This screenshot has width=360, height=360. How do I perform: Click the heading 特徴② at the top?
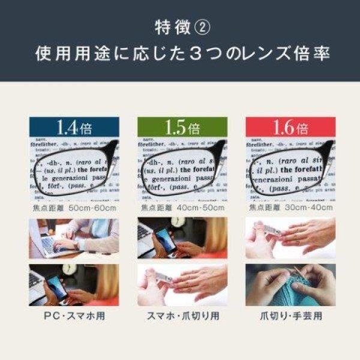pyautogui.click(x=180, y=27)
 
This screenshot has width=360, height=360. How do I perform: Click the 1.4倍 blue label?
pyautogui.click(x=74, y=127)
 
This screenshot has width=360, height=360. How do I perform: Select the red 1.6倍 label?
pyautogui.click(x=290, y=127)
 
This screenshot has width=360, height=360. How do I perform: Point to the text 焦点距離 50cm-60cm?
pyautogui.click(x=74, y=208)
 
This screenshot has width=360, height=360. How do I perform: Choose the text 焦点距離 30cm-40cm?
pyautogui.click(x=290, y=208)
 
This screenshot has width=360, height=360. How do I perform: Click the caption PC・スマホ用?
pyautogui.click(x=74, y=315)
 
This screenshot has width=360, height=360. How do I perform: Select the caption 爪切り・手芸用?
pyautogui.click(x=290, y=315)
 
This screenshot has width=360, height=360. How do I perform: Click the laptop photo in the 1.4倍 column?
pyautogui.click(x=74, y=238)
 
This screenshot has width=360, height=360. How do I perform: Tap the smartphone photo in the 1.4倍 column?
pyautogui.click(x=74, y=284)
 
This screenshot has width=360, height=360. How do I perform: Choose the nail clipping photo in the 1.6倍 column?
pyautogui.click(x=290, y=238)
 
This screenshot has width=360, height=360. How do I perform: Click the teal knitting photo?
pyautogui.click(x=290, y=284)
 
